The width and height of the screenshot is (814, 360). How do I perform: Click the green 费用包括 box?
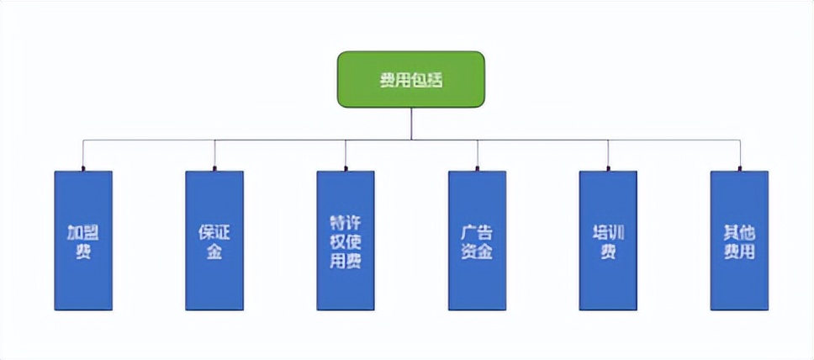(x=410, y=79)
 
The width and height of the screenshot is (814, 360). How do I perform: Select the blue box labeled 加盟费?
(x=83, y=241)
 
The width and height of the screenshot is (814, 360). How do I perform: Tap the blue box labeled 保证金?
(x=214, y=241)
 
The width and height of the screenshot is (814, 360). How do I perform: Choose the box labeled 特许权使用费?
(x=346, y=241)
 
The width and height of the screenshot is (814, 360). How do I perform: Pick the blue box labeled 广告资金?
(x=477, y=241)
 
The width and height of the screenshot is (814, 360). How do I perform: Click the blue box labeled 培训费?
(x=608, y=241)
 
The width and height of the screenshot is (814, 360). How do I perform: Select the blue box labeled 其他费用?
(x=739, y=241)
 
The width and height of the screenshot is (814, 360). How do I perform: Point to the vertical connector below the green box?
(x=411, y=124)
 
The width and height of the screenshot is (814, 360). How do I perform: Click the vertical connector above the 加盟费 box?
(x=83, y=156)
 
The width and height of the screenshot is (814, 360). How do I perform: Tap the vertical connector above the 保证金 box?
(x=214, y=156)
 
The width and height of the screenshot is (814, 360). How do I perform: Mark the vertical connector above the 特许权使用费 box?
(x=346, y=156)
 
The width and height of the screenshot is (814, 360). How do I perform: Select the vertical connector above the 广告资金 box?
(x=477, y=156)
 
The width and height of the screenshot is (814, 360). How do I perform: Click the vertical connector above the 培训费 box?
(x=608, y=156)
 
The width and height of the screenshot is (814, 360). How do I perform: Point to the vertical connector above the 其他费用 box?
(x=740, y=156)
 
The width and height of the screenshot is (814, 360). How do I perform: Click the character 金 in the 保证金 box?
(x=214, y=251)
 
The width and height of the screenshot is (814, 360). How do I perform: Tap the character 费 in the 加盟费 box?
(x=83, y=251)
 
